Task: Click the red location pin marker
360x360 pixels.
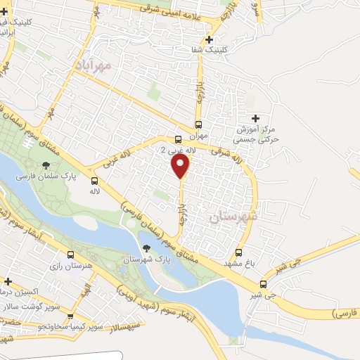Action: (x=181, y=165)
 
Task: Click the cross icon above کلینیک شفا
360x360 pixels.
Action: (x=210, y=39)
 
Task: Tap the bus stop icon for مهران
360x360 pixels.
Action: (x=199, y=124)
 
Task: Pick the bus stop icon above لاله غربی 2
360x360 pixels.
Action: (x=179, y=139)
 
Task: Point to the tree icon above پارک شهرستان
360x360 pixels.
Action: (x=146, y=247)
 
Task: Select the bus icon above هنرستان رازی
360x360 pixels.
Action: (x=70, y=255)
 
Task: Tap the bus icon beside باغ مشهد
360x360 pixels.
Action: (x=238, y=252)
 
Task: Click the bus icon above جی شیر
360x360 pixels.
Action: (x=264, y=284)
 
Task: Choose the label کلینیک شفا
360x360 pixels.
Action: (x=206, y=51)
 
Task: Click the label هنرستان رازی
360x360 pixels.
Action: (x=69, y=267)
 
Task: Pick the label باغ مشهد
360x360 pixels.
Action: (x=238, y=263)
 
